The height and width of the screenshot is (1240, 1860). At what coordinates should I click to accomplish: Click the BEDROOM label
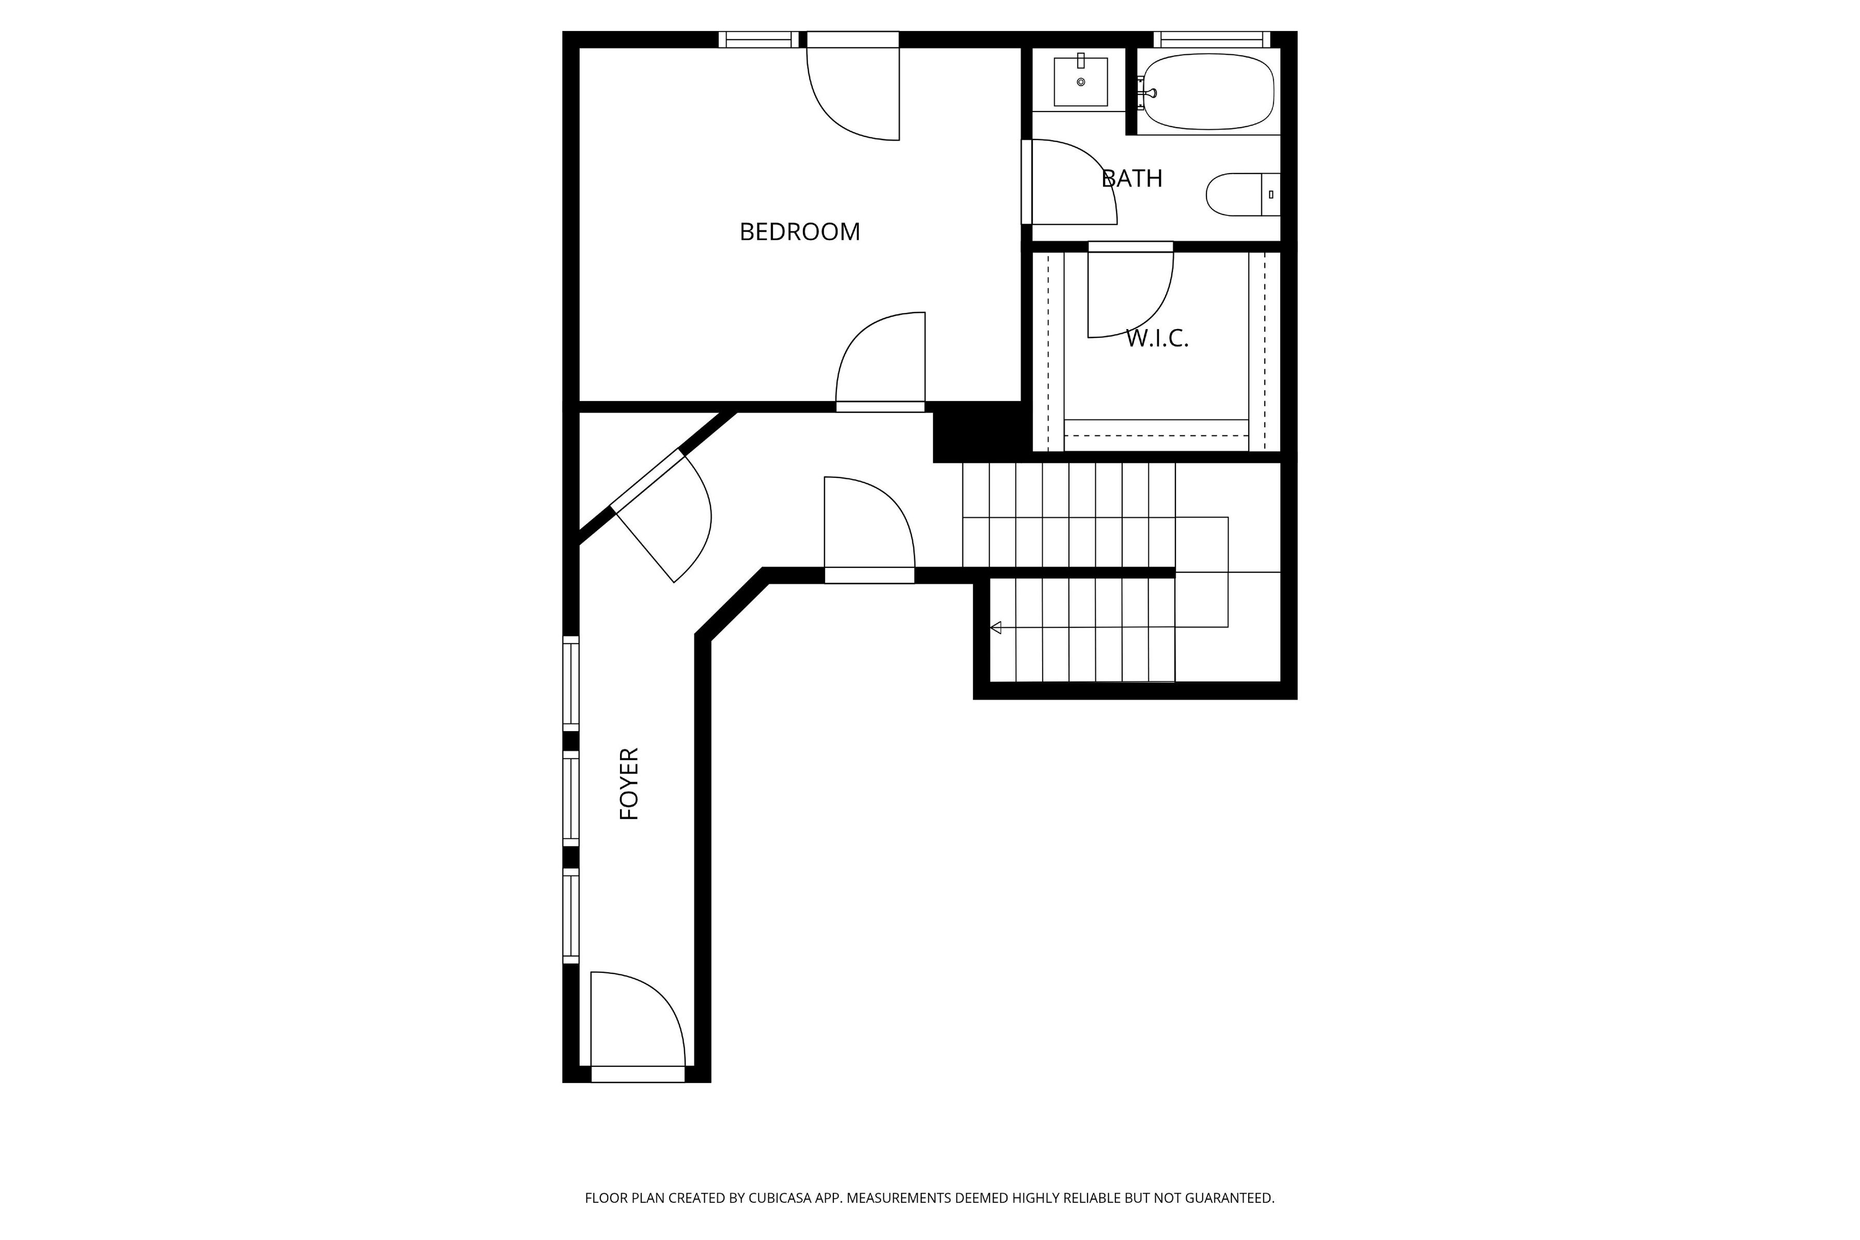tap(799, 231)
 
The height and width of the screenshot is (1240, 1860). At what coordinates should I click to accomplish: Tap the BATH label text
tap(1131, 179)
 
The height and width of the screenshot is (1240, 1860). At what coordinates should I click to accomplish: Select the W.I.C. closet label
tap(1157, 338)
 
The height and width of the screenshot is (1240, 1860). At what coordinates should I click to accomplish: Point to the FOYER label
tap(629, 784)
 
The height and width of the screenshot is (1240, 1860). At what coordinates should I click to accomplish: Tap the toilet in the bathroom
tap(1243, 195)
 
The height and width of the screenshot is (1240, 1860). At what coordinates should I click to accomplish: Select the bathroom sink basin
tap(1080, 82)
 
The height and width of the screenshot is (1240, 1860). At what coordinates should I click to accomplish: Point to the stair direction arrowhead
tap(996, 628)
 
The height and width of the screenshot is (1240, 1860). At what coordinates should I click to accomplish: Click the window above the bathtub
tap(1212, 40)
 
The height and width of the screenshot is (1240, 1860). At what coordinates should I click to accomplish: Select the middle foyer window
tap(571, 799)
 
